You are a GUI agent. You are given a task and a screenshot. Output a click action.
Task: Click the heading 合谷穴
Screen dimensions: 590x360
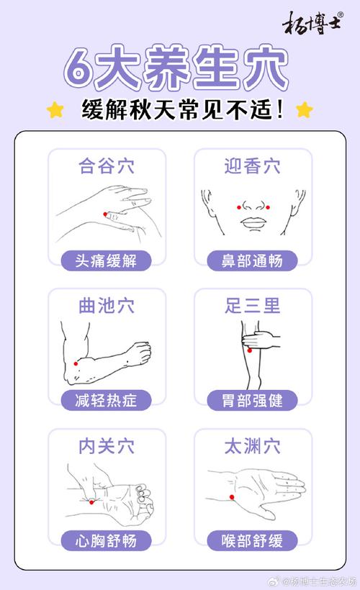pyautogui.click(x=107, y=165)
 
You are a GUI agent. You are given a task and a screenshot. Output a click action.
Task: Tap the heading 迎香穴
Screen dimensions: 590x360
pyautogui.click(x=252, y=165)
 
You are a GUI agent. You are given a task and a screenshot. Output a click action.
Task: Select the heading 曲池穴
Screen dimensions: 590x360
pyautogui.click(x=107, y=305)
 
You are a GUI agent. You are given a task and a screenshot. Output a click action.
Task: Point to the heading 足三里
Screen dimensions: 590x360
pyautogui.click(x=252, y=305)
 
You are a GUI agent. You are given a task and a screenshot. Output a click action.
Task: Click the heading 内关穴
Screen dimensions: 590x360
pyautogui.click(x=107, y=445)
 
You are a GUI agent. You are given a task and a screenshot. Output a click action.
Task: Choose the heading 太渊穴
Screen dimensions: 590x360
pyautogui.click(x=252, y=445)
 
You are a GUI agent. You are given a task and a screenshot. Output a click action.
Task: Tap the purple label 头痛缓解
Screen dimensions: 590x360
pyautogui.click(x=107, y=260)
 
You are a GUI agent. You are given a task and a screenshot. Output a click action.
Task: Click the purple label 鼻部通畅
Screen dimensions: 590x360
pyautogui.click(x=252, y=260)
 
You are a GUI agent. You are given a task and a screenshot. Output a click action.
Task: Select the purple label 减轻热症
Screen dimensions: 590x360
pyautogui.click(x=107, y=400)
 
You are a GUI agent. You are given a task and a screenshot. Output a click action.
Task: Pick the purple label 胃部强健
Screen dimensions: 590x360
pyautogui.click(x=252, y=400)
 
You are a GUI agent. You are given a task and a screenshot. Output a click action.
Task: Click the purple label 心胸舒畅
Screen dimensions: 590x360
pyautogui.click(x=107, y=540)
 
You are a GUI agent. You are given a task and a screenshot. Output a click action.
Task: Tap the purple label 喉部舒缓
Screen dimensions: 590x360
pyautogui.click(x=252, y=540)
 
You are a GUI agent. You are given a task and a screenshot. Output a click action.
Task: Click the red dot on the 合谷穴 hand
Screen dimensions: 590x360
pyautogui.click(x=106, y=214)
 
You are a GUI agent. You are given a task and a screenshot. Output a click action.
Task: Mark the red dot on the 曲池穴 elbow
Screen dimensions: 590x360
pyautogui.click(x=76, y=364)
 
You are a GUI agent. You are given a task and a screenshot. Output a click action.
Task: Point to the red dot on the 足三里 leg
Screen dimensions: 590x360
pyautogui.click(x=249, y=350)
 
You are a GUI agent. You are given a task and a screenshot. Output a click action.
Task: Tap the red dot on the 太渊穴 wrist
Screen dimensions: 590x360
pyautogui.click(x=232, y=496)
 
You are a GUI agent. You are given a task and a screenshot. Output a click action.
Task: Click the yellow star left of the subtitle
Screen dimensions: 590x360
pyautogui.click(x=55, y=110)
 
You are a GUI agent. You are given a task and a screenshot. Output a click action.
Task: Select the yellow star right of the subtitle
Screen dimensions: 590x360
pyautogui.click(x=305, y=110)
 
